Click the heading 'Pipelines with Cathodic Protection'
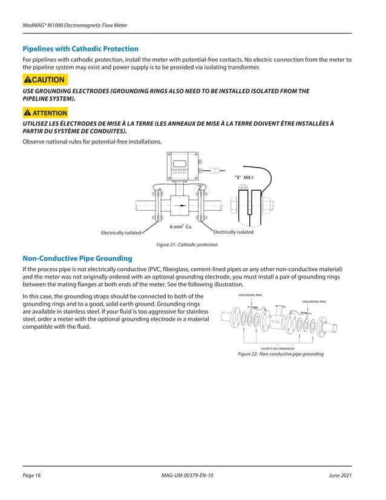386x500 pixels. pos(80,48)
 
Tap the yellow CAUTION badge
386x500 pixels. pos(45,80)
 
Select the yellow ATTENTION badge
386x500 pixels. pos(45,113)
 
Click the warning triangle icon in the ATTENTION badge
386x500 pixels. pos(27,113)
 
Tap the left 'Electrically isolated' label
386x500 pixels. pos(120,232)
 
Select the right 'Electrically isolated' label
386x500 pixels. pos(234,232)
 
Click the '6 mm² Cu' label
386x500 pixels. pos(180,226)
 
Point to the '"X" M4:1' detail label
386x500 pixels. pos(244,177)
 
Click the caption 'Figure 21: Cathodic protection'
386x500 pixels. pos(187,245)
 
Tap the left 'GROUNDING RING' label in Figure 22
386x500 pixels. pos(250,295)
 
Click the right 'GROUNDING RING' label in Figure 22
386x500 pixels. pos(314,301)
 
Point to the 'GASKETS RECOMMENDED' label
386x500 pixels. pos(277,349)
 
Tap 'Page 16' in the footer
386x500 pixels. pos(31,475)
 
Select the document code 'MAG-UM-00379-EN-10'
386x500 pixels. pos(184,475)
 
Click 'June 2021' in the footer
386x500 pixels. pos(342,475)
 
